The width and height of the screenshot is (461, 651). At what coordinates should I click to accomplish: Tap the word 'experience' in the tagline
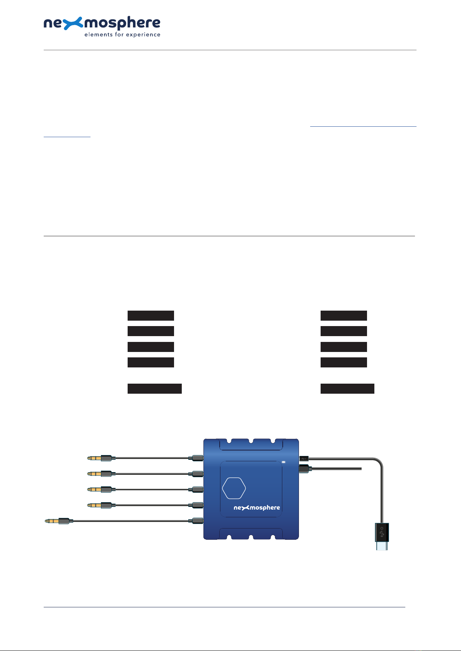click(x=143, y=35)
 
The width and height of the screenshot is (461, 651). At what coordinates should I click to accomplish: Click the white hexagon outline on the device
click(x=234, y=488)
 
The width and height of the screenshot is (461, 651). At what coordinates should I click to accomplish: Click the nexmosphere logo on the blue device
click(x=257, y=508)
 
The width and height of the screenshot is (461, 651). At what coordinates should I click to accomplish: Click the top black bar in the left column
click(x=151, y=315)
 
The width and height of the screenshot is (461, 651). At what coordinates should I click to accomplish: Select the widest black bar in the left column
click(x=155, y=389)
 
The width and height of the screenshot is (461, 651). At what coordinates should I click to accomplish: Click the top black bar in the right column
click(x=343, y=315)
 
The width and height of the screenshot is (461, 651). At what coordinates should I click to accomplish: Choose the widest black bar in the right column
click(x=347, y=389)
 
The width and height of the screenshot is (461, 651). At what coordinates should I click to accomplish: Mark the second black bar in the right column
click(x=343, y=331)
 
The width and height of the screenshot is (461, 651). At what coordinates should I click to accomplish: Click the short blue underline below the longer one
click(x=67, y=136)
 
